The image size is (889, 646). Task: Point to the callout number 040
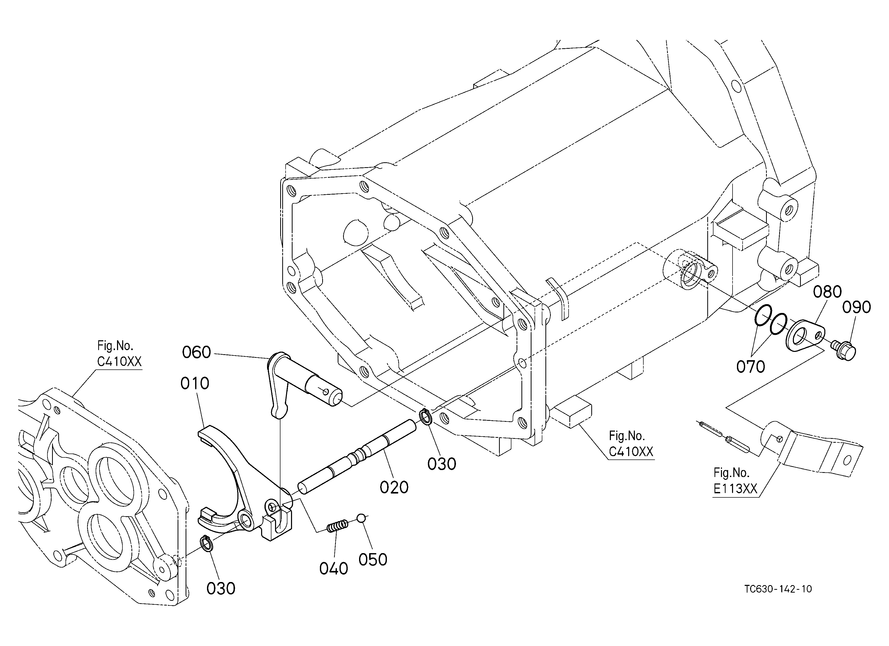tap(334, 569)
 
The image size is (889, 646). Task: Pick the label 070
tap(751, 367)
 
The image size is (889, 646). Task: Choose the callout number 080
tap(827, 292)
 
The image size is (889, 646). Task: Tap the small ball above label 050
tap(361, 518)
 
